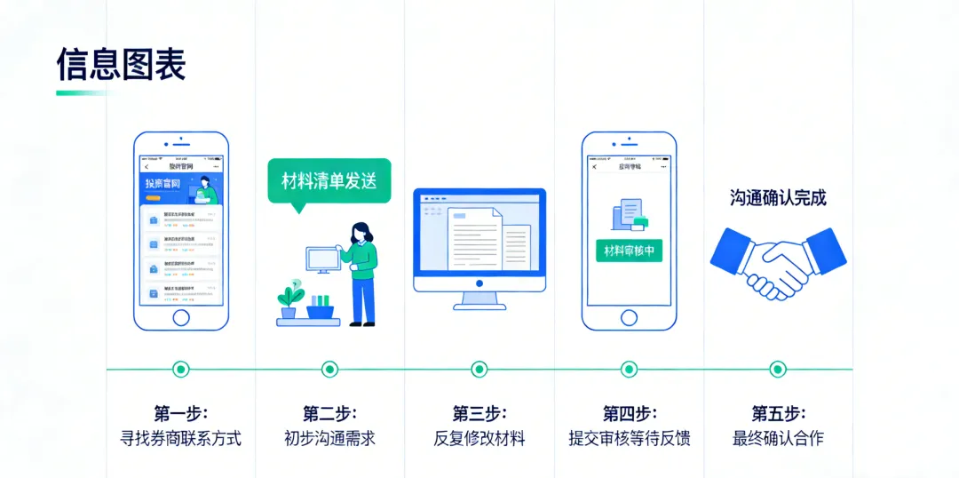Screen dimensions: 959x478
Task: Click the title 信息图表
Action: [121, 64]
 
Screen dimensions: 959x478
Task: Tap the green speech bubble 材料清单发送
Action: [329, 181]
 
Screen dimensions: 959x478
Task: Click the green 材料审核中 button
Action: [629, 251]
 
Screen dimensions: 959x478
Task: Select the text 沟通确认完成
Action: [778, 198]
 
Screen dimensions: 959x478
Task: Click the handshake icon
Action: [778, 259]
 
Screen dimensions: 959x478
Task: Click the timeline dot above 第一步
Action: [181, 369]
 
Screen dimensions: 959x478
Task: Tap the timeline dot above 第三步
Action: [479, 369]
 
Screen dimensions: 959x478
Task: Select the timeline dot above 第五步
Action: [778, 369]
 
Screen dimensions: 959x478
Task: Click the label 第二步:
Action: [329, 414]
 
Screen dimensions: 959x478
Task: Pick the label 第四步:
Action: [630, 414]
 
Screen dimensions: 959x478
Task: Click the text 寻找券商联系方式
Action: [181, 439]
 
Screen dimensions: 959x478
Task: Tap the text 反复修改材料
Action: [479, 439]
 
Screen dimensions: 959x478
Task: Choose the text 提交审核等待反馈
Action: [630, 439]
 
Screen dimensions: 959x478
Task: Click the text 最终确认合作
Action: [778, 439]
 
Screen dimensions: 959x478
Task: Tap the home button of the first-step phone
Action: [181, 317]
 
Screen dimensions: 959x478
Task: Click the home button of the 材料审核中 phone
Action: [629, 317]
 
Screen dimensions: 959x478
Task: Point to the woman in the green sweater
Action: [360, 271]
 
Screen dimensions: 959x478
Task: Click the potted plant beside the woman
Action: [289, 300]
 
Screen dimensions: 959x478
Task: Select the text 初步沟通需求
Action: [329, 439]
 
